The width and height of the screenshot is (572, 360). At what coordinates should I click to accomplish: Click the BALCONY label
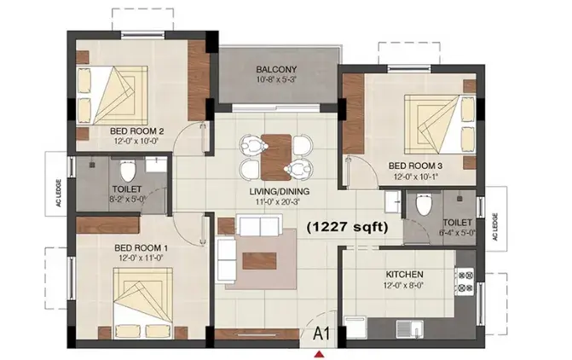click(276, 69)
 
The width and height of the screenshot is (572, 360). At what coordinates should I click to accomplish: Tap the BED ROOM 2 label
click(136, 131)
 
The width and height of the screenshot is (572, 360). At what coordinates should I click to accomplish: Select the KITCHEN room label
click(405, 274)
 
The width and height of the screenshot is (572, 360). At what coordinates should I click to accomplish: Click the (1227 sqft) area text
click(347, 227)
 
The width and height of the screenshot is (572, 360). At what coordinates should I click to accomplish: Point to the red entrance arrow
click(320, 353)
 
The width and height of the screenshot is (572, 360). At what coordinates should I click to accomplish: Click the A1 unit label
click(321, 334)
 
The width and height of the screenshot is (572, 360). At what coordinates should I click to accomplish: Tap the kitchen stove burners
click(465, 282)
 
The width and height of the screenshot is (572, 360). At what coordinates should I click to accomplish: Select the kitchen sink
click(410, 328)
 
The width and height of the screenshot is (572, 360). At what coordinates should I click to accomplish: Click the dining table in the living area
click(276, 157)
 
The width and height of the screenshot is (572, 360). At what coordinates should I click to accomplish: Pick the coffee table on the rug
click(259, 261)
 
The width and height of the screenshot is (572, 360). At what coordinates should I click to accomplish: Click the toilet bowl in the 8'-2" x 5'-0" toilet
click(127, 171)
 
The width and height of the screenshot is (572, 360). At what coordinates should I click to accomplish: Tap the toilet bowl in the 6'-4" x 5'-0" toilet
click(424, 206)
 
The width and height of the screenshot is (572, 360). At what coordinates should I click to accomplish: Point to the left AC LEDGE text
click(58, 194)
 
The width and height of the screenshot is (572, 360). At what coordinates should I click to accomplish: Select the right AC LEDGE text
click(495, 227)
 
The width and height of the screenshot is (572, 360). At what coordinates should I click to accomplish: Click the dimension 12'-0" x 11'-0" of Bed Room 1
click(141, 258)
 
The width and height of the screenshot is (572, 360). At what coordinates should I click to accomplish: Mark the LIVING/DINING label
click(280, 191)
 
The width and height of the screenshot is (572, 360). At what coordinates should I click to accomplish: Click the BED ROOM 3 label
click(415, 165)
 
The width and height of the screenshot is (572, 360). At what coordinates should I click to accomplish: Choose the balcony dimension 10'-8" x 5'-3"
click(276, 79)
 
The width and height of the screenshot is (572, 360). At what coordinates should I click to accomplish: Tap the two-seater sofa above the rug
click(260, 226)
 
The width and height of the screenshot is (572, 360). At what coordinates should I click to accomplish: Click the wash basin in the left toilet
click(156, 165)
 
